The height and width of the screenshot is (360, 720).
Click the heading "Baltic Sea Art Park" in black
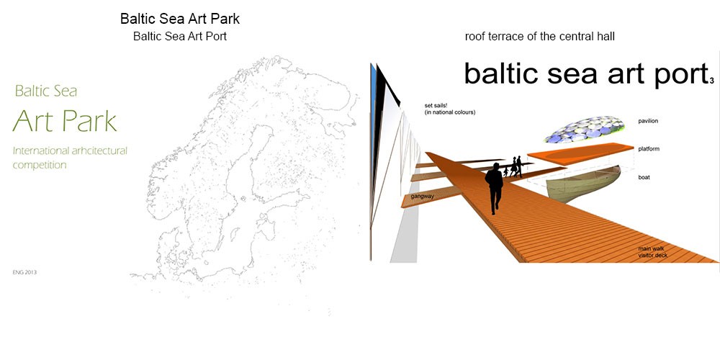tap(180, 19)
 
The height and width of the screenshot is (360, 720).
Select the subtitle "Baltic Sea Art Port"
tap(180, 36)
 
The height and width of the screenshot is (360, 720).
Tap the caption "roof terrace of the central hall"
tap(539, 37)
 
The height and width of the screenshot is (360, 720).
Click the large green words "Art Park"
tap(65, 120)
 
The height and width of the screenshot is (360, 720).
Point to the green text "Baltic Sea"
tap(46, 91)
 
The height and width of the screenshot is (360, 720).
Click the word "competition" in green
tap(40, 165)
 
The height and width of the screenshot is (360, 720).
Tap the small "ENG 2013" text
tap(24, 272)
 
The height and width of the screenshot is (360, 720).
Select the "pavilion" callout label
tap(648, 121)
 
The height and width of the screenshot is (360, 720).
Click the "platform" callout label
tap(649, 149)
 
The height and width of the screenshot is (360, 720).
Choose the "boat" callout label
tap(644, 177)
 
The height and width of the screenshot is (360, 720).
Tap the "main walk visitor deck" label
tap(652, 252)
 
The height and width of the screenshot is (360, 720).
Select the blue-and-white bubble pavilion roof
tap(585, 129)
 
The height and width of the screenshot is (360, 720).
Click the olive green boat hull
tap(584, 184)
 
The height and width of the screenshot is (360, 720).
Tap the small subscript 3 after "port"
tap(711, 81)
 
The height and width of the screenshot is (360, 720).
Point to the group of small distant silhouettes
tap(514, 167)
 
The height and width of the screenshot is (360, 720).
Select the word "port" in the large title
tap(677, 73)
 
